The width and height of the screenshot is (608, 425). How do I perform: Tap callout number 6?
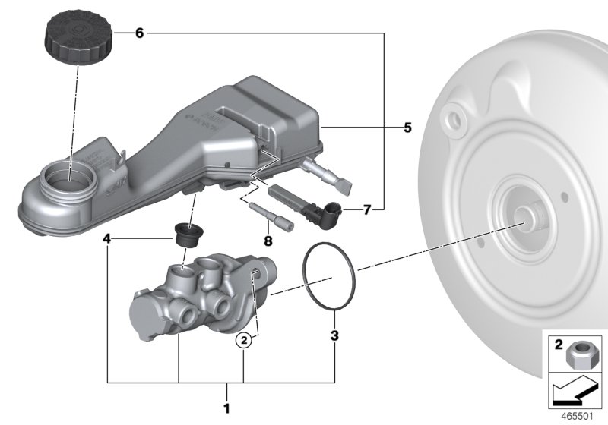tap(138, 33)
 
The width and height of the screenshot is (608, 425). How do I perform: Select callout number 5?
tap(407, 127)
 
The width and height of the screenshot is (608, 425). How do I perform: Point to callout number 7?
tap(367, 210)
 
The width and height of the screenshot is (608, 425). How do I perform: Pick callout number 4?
tap(108, 238)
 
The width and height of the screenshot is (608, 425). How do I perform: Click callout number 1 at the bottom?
tap(227, 394)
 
